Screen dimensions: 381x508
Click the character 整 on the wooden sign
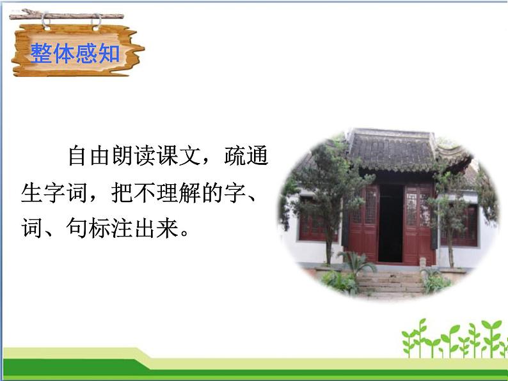(x=41, y=53)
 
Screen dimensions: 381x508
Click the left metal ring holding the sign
(x=46, y=23)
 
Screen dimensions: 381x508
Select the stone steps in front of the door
(x=388, y=282)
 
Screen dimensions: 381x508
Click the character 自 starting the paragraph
(x=78, y=156)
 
